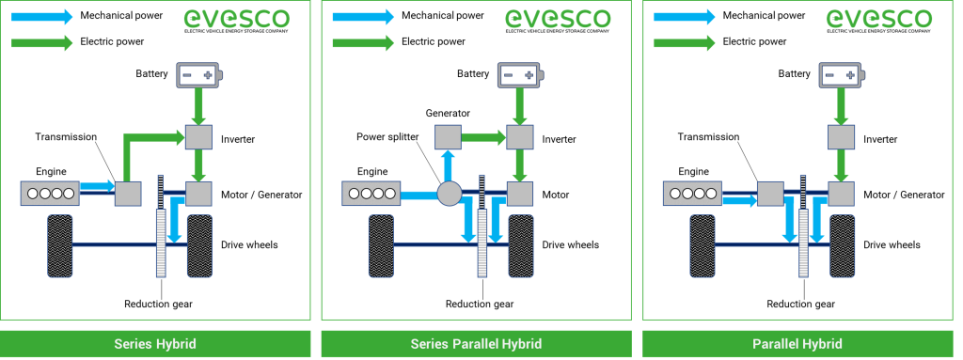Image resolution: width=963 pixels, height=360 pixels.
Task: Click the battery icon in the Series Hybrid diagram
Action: tap(200, 75)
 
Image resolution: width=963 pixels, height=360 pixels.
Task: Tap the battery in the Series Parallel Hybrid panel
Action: tap(521, 75)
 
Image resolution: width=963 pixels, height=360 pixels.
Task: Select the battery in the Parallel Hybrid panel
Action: tap(843, 75)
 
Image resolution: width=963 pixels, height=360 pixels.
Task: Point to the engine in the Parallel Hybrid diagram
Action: tap(692, 194)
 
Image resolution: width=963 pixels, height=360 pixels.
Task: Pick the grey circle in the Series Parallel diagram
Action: tap(449, 195)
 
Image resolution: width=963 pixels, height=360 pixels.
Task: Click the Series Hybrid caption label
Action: tap(154, 344)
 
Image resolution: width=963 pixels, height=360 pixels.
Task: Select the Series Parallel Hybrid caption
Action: tap(476, 344)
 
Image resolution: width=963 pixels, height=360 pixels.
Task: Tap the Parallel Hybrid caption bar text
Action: tap(797, 344)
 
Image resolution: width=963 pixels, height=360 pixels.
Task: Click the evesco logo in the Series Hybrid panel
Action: tap(237, 19)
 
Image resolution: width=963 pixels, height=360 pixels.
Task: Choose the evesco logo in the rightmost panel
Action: tap(879, 19)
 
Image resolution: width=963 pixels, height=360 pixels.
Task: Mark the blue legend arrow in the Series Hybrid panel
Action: tap(41, 16)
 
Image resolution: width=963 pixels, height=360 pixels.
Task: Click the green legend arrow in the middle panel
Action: tap(363, 42)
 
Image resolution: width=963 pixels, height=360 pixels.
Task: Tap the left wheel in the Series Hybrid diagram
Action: tap(60, 245)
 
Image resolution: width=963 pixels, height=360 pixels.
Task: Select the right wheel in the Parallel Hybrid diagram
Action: tap(842, 245)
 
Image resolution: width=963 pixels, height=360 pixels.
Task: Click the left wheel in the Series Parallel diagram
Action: tap(381, 245)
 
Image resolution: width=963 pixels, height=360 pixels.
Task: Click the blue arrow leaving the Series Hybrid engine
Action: tap(97, 186)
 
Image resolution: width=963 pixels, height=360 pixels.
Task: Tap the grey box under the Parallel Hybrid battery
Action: tap(841, 137)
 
